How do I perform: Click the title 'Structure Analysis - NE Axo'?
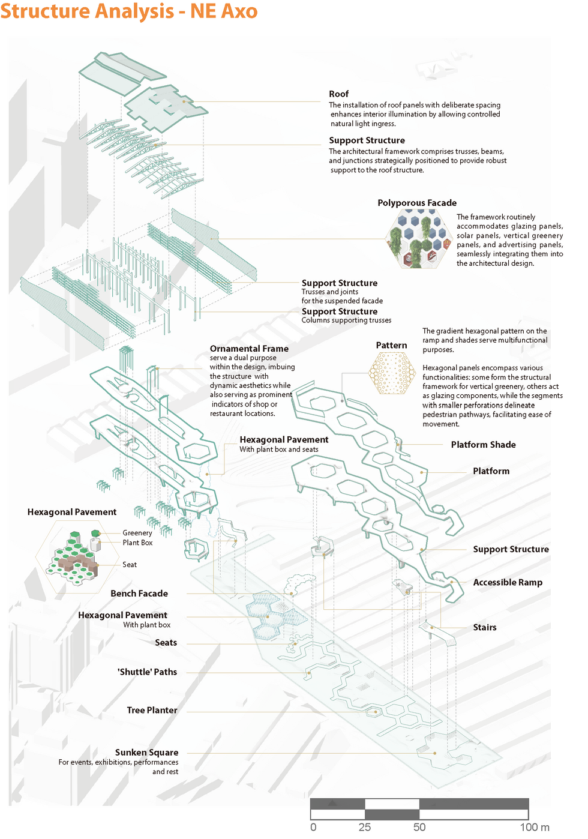[128, 11]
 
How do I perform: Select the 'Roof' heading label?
[338, 94]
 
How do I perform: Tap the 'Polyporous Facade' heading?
[417, 203]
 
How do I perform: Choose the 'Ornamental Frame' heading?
[249, 349]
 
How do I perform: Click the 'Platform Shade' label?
[483, 445]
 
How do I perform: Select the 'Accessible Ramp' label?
[508, 582]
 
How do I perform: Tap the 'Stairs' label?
[485, 627]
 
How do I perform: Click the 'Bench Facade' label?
[139, 594]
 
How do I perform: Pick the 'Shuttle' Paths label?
[148, 672]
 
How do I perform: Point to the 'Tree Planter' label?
[152, 710]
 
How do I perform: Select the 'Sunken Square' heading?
[146, 753]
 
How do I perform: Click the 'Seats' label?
[166, 643]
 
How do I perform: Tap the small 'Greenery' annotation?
[137, 533]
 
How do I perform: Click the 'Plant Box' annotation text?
[137, 543]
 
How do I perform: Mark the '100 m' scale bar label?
[535, 827]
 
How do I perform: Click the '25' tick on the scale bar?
[365, 827]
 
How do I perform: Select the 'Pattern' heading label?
[391, 345]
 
